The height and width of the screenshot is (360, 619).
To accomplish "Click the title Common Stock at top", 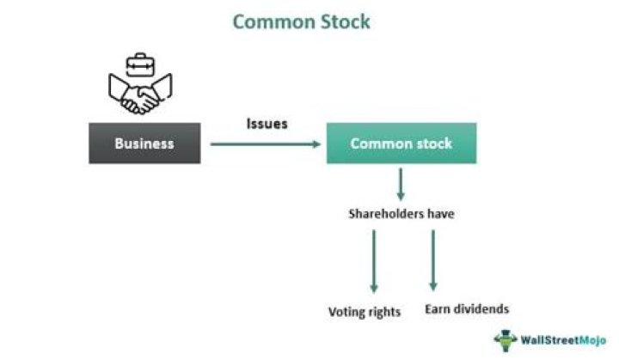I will [x=302, y=21].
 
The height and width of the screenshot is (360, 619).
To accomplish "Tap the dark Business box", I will [x=144, y=143].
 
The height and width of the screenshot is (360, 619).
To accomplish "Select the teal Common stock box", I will [x=401, y=143].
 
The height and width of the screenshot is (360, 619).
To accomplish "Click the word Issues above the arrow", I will [x=267, y=124].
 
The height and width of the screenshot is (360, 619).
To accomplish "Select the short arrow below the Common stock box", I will [x=401, y=184].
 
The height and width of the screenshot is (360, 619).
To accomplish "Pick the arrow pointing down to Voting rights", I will [x=374, y=262].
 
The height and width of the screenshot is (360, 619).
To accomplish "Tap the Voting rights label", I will [x=365, y=312].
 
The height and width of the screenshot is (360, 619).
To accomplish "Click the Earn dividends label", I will [x=467, y=308].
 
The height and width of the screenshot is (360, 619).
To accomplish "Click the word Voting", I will [x=347, y=312].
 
